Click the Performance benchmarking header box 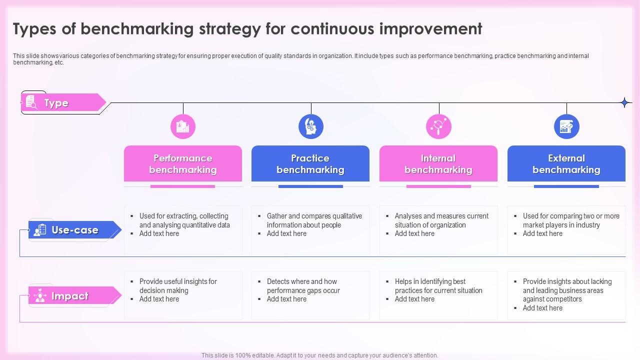(183, 163)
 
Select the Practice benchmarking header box (310, 163)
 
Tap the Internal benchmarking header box (438, 163)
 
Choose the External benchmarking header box (566, 163)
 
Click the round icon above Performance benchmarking (183, 126)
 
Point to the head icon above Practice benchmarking (311, 126)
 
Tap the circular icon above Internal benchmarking (438, 126)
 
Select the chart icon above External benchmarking (566, 126)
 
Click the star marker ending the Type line (624, 103)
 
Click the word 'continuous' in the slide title (332, 29)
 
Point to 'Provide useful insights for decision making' (178, 286)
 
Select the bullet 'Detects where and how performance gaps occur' (303, 286)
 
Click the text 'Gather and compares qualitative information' (314, 220)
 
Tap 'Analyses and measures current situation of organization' (441, 220)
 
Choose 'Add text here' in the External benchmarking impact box (542, 308)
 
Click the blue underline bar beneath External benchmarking (566, 186)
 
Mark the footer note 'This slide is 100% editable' (320, 355)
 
